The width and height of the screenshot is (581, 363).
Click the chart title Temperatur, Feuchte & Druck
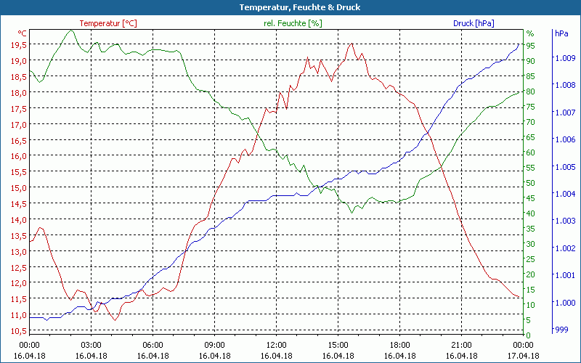pos(290,7)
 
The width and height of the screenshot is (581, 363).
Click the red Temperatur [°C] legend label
pos(108,23)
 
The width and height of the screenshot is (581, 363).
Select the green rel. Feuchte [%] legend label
pos(292,23)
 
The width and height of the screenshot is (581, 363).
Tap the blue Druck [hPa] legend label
pos(474,23)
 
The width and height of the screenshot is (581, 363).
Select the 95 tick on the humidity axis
pos(531,46)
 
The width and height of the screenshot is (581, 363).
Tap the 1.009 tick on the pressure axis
pos(564,57)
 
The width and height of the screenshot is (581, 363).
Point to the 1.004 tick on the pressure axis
pos(564,194)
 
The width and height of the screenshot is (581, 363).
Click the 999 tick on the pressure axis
pos(561,330)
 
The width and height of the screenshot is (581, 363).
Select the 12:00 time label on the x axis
pos(277,344)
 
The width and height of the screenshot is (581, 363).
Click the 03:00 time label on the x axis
pos(91,344)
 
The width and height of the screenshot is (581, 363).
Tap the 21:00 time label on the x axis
pos(462,344)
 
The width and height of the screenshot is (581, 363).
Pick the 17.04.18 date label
pos(524,356)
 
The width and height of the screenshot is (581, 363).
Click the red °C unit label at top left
pos(23,33)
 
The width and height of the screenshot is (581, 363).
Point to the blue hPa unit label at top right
pos(561,33)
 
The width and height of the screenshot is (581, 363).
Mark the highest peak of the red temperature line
pos(352,44)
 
